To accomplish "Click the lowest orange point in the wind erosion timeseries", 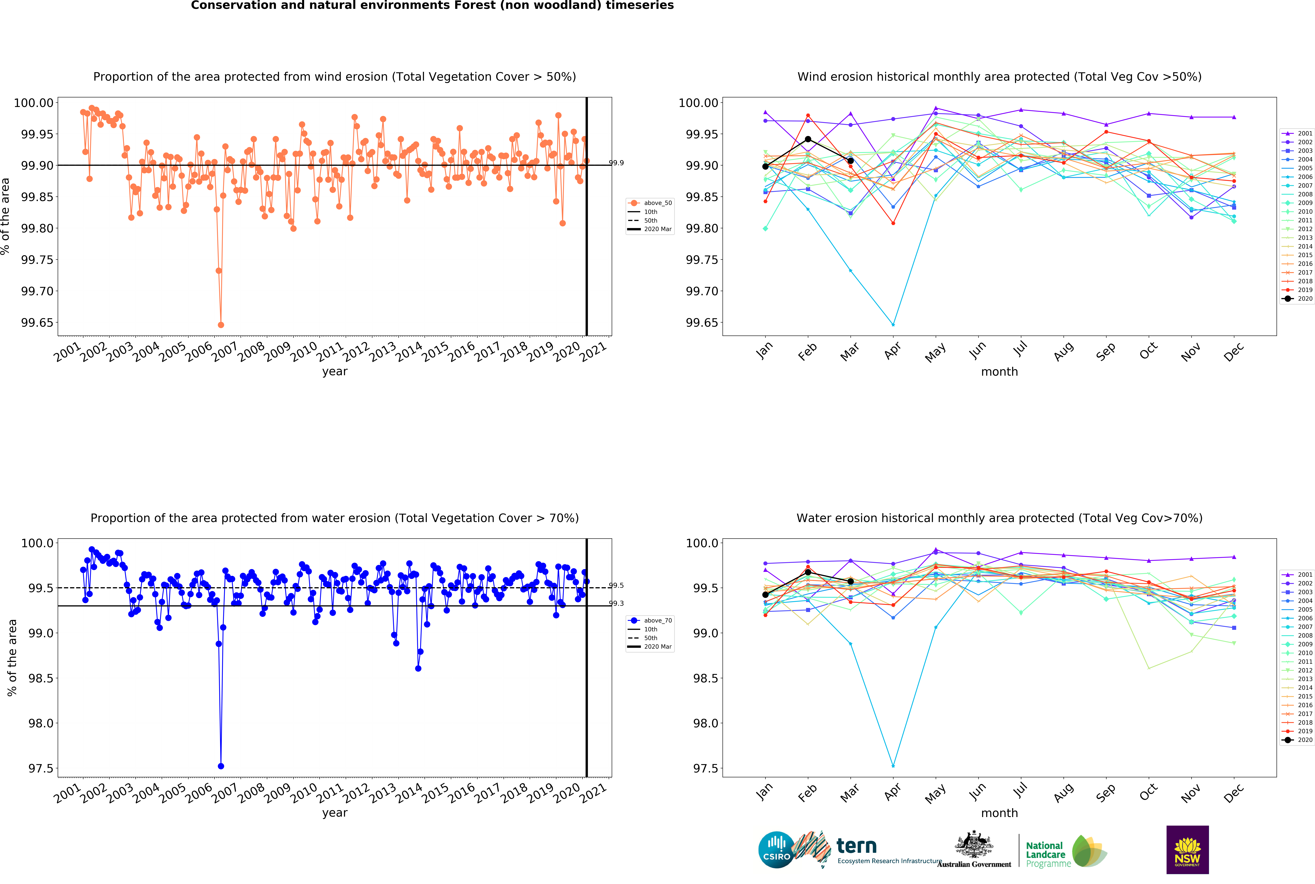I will pyautogui.click(x=221, y=325).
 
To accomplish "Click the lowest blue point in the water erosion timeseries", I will pyautogui.click(x=221, y=766).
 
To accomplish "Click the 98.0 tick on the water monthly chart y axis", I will pyautogui.click(x=705, y=723).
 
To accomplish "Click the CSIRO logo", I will pyautogui.click(x=777, y=850).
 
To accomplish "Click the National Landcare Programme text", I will pyautogui.click(x=1047, y=854).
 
